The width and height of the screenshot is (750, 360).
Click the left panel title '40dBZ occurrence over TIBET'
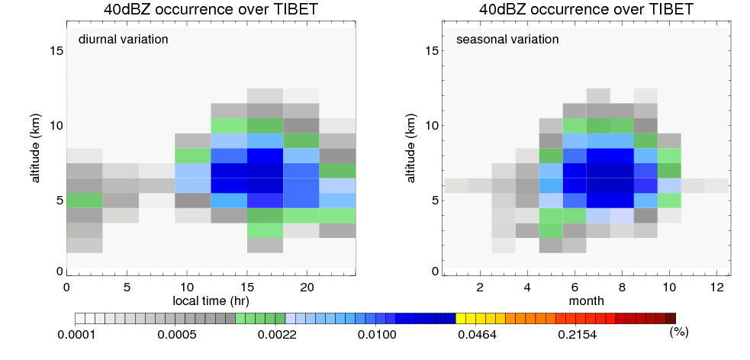tap(211, 8)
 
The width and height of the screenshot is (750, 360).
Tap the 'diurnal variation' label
tap(124, 39)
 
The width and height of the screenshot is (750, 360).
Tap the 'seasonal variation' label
tap(507, 39)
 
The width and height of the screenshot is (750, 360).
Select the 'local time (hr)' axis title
tap(211, 301)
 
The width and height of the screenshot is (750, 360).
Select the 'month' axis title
tap(586, 301)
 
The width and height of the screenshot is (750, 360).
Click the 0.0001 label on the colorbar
tap(76, 335)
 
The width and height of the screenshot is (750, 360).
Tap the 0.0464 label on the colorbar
tap(478, 335)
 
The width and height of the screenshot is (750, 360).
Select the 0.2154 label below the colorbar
tap(578, 335)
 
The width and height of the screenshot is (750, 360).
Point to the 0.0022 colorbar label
tap(278, 335)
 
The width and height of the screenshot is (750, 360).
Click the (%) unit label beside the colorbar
tap(679, 332)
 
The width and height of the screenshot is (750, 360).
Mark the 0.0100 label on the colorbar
tap(378, 335)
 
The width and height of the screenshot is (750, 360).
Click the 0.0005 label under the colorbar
tap(176, 335)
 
